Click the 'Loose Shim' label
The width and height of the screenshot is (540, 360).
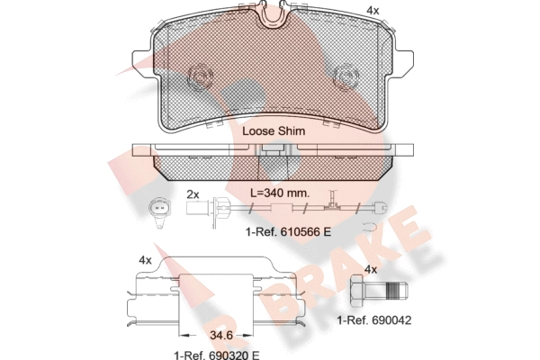pos(274,130)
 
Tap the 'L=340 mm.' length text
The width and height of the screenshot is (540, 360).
pos(280,193)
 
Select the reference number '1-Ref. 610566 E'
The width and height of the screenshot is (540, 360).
pos(288,232)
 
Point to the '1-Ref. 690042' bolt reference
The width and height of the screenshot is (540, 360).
pos(374,320)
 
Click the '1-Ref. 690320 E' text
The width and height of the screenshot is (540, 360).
pos(217,355)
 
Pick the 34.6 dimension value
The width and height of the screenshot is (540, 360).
pos(221,335)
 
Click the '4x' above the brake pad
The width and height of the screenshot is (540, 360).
pos(373,11)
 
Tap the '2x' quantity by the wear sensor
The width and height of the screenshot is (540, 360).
pos(193,194)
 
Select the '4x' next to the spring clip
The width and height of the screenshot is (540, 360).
pos(145,260)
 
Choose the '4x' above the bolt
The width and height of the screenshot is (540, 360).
pos(371,269)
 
